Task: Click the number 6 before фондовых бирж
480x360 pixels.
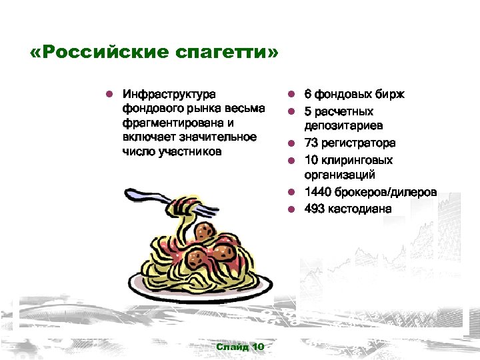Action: (308, 95)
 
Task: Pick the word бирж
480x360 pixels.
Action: (390, 95)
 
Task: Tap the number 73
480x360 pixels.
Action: (311, 143)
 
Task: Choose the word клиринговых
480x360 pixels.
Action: (357, 160)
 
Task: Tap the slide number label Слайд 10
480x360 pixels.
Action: (240, 347)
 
